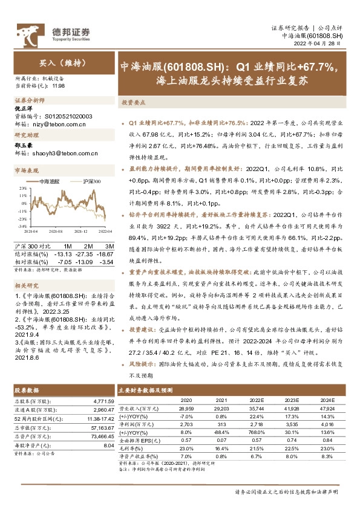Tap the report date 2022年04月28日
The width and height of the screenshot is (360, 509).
[x=318, y=44]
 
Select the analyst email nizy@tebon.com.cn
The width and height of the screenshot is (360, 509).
[x=57, y=124]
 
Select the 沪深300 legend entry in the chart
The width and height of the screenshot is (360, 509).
[x=88, y=181]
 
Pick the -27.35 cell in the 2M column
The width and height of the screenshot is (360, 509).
[x=83, y=254]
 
